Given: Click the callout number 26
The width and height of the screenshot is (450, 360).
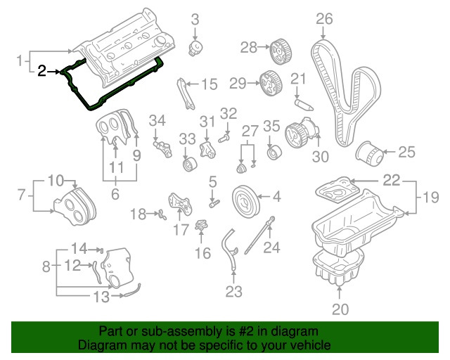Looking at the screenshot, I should coord(323,19).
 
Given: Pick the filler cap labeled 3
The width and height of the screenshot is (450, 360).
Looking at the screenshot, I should coord(196,49).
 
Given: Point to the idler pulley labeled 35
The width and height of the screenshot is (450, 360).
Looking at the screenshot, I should coord(273,152).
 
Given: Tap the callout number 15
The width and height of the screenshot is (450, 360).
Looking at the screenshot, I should coord(210,85).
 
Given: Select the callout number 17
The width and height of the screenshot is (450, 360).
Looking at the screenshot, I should coord(181,229).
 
